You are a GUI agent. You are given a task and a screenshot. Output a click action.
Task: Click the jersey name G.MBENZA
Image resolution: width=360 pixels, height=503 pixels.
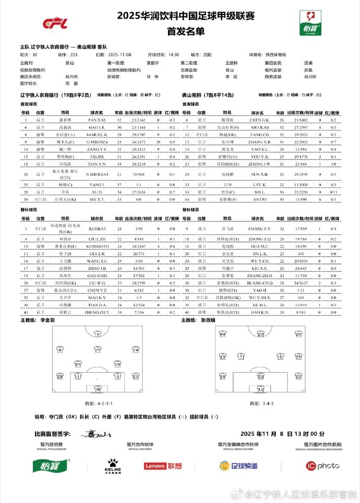click(x=97, y=141)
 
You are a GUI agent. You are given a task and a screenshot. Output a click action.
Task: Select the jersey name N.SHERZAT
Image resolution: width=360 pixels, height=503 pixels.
click(x=97, y=174)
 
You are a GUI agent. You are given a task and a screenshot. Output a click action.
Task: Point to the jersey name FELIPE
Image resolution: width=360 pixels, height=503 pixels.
click(x=97, y=156)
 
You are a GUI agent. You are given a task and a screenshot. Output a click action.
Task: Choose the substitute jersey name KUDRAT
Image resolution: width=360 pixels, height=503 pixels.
click(x=97, y=229)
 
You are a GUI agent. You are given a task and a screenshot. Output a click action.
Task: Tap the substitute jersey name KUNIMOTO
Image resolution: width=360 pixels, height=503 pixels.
click(x=97, y=246)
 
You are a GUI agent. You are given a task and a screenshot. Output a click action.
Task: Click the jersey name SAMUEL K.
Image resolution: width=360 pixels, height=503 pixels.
click(x=97, y=134)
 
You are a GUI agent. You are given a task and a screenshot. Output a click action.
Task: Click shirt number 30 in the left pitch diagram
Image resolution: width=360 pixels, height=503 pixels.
click(x=98, y=388)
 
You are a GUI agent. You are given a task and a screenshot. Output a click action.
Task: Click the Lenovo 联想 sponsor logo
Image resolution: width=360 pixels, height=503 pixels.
click(x=162, y=465)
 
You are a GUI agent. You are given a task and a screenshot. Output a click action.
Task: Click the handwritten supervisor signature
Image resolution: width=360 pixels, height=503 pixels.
click(x=97, y=434)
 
